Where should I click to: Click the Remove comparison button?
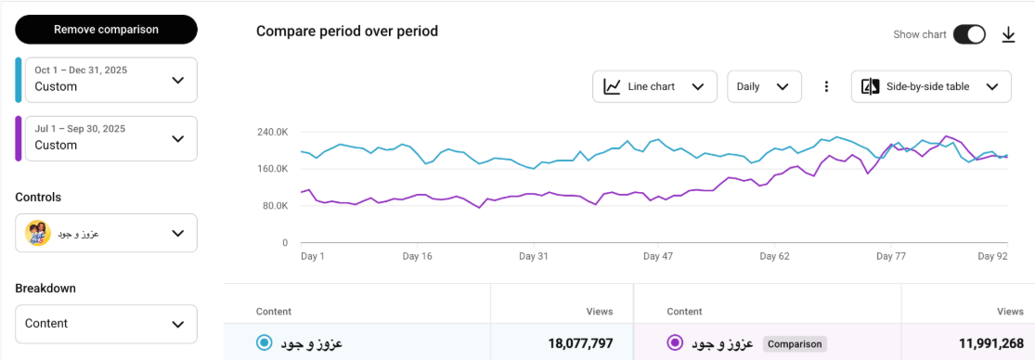click(106, 30)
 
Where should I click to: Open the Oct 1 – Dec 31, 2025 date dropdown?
click(111, 80)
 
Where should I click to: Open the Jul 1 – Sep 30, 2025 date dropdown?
click(111, 138)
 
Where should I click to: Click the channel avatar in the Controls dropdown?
click(38, 234)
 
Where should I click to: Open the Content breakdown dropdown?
click(106, 324)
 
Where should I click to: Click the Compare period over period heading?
click(346, 32)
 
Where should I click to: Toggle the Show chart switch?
click(969, 34)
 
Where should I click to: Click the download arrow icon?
click(1009, 35)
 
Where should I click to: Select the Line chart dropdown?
click(654, 86)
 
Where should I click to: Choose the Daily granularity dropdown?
click(764, 86)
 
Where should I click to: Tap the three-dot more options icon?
click(826, 86)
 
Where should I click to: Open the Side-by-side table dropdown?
click(931, 86)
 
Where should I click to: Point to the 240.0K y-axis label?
click(272, 133)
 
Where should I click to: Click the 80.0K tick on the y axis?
click(275, 206)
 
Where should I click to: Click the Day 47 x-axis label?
click(657, 256)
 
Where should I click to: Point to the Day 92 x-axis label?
click(992, 256)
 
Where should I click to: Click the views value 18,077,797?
click(580, 343)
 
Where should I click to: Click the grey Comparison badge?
click(794, 343)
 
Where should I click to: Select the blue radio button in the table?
click(264, 343)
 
